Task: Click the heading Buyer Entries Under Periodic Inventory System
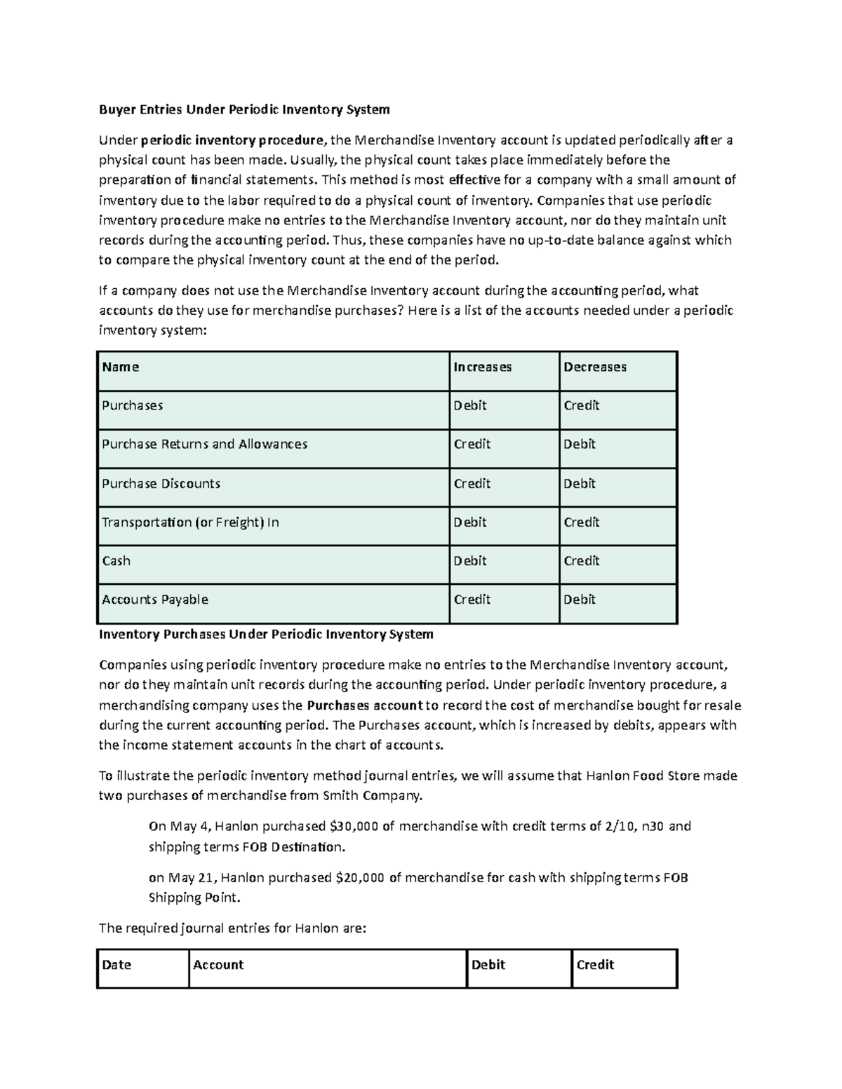(x=243, y=109)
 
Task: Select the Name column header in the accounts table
(x=121, y=367)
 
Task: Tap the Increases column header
(x=483, y=367)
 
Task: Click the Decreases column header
(x=595, y=367)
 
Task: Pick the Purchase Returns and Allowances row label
(x=204, y=444)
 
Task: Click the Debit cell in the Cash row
(x=470, y=560)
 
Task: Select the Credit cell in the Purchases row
(x=582, y=405)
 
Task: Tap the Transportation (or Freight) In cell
(x=190, y=522)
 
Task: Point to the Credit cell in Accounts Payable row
(x=472, y=599)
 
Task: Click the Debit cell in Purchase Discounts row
(x=580, y=483)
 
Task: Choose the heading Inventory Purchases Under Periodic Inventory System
(x=266, y=634)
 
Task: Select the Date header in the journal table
(x=116, y=964)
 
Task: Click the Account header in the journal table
(x=218, y=964)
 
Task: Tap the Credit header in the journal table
(x=595, y=964)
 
